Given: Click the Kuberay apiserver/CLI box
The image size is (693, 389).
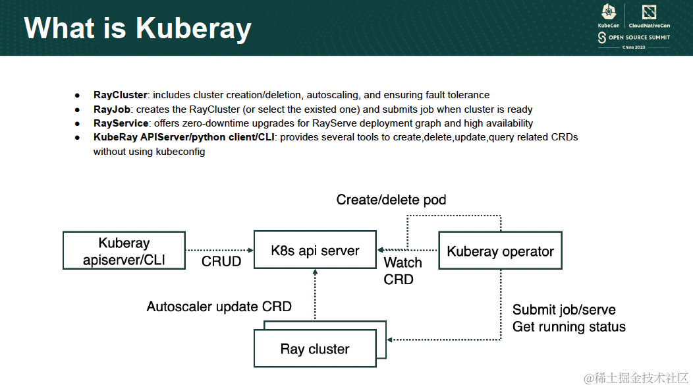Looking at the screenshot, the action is tap(124, 251).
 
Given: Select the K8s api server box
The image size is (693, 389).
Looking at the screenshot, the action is tap(315, 250).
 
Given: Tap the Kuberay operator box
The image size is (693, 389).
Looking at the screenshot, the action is tap(500, 251).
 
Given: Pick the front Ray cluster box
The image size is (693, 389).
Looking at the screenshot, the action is tap(315, 348).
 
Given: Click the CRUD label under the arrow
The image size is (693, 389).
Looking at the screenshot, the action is tap(221, 262).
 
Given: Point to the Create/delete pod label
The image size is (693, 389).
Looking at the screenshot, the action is tap(391, 200).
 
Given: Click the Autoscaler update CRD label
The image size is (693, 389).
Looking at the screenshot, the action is tap(219, 307).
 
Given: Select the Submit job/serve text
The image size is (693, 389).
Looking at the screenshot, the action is tap(564, 310).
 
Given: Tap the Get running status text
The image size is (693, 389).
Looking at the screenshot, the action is tap(568, 326).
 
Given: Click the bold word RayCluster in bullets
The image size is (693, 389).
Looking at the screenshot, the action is tap(120, 95).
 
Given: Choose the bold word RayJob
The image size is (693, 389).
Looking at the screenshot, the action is tap(112, 109).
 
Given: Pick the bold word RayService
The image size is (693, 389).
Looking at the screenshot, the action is tap(121, 123).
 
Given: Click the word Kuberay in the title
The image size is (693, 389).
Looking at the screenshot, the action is tap(194, 28).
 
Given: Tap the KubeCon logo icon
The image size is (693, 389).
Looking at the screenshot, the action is tap(609, 12).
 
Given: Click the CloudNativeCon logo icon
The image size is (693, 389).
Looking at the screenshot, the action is tap(650, 13).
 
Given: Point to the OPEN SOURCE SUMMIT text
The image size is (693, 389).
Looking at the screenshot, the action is tap(639, 37).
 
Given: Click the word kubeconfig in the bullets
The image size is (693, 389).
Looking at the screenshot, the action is tap(180, 152).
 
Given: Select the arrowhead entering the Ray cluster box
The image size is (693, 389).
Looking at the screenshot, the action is tap(389, 340).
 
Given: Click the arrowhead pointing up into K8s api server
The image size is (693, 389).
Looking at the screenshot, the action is tap(315, 272).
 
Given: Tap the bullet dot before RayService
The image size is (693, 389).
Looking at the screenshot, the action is tap(77, 123).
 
